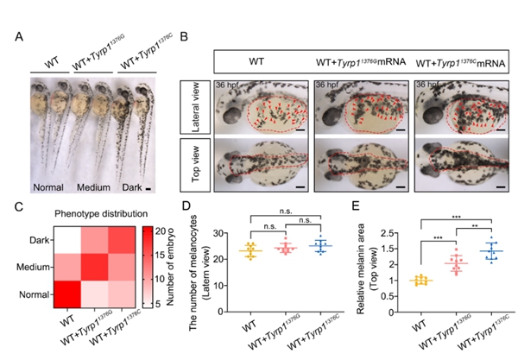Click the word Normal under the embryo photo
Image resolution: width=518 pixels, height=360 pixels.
pyautogui.click(x=48, y=186)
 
